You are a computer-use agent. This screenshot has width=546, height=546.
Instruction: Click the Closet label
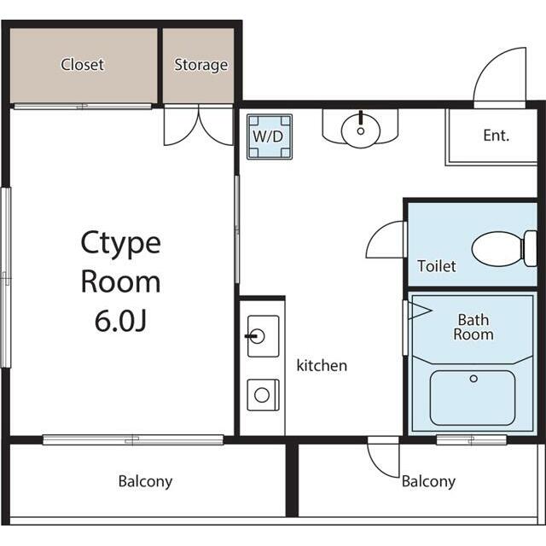click(x=82, y=65)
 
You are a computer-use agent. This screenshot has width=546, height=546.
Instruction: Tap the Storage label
click(x=201, y=65)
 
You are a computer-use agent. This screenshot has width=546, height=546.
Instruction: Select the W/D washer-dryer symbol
click(x=270, y=136)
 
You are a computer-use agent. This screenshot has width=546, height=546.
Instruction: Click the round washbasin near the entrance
click(x=361, y=130)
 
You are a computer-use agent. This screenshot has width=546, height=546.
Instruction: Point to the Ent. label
click(x=497, y=136)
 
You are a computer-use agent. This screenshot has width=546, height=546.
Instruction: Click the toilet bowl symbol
click(x=504, y=248)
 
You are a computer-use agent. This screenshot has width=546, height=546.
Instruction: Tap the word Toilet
click(x=437, y=266)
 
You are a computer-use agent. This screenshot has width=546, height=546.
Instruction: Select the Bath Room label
click(x=473, y=327)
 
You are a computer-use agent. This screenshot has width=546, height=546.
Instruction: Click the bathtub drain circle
click(x=473, y=379)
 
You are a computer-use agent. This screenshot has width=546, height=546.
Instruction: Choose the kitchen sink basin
click(x=263, y=336)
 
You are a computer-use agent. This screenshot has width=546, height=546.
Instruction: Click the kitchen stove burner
click(x=262, y=395)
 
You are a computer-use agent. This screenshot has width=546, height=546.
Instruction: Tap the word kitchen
click(x=322, y=365)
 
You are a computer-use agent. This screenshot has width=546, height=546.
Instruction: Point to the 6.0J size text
click(x=120, y=321)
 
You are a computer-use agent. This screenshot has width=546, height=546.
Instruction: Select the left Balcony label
click(x=145, y=481)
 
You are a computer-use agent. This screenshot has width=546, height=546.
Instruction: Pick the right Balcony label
click(x=428, y=481)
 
